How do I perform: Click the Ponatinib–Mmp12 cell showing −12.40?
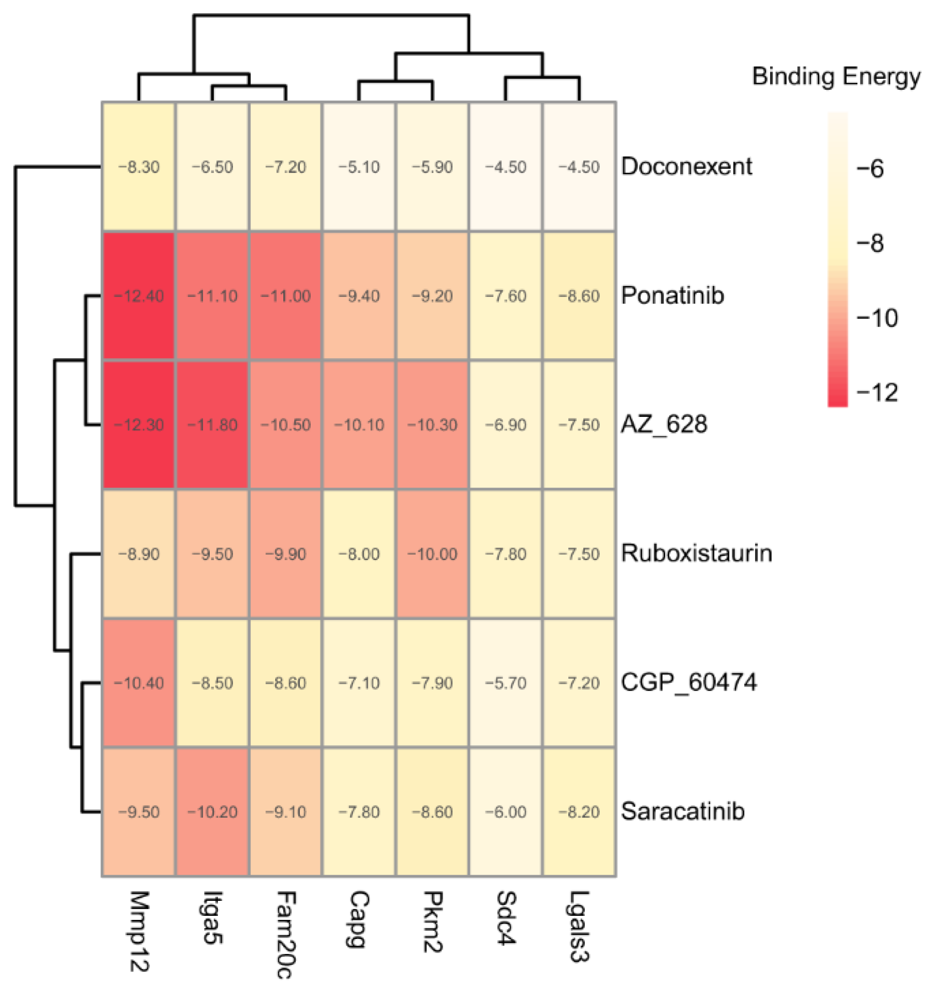pos(139,296)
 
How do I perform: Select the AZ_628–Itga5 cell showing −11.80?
pos(212,425)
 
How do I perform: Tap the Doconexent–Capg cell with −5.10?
pos(359,166)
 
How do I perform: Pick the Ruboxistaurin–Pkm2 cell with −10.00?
pos(432,554)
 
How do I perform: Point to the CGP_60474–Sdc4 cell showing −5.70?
pos(505,683)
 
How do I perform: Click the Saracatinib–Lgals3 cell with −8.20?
pos(579,812)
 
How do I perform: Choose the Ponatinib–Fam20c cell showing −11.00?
pos(285,296)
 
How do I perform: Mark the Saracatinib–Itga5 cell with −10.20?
pos(212,812)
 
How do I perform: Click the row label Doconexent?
pos(686,166)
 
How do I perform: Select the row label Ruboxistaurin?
pos(696,553)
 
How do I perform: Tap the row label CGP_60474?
pos(688,682)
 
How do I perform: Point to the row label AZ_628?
pos(664,425)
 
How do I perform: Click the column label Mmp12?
pos(139,930)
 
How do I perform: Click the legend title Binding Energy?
pos(836,76)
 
